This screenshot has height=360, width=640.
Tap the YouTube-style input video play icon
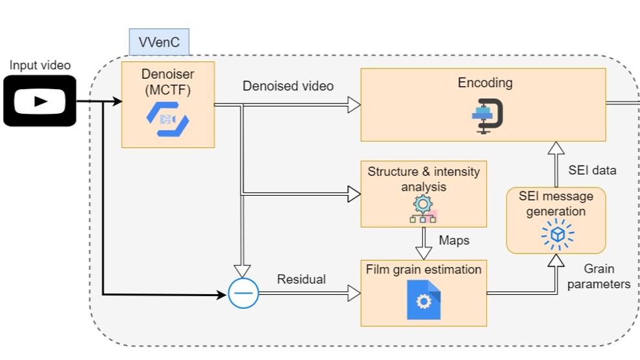[x=40, y=100]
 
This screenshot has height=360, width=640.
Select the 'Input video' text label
[x=40, y=65]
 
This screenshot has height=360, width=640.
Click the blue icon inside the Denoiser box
[x=167, y=119]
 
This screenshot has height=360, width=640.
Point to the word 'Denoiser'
[x=167, y=74]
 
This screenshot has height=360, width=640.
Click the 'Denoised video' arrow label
[x=288, y=86]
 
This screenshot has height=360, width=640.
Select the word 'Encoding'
[x=485, y=83]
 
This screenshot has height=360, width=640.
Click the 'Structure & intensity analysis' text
[x=423, y=179]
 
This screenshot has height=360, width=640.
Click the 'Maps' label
[x=454, y=240]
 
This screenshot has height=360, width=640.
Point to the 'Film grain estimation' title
[x=423, y=269]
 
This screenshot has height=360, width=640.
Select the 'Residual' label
[x=301, y=279]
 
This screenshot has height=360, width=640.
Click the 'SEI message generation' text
[x=556, y=204]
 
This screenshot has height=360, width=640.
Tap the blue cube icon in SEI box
[x=555, y=233]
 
